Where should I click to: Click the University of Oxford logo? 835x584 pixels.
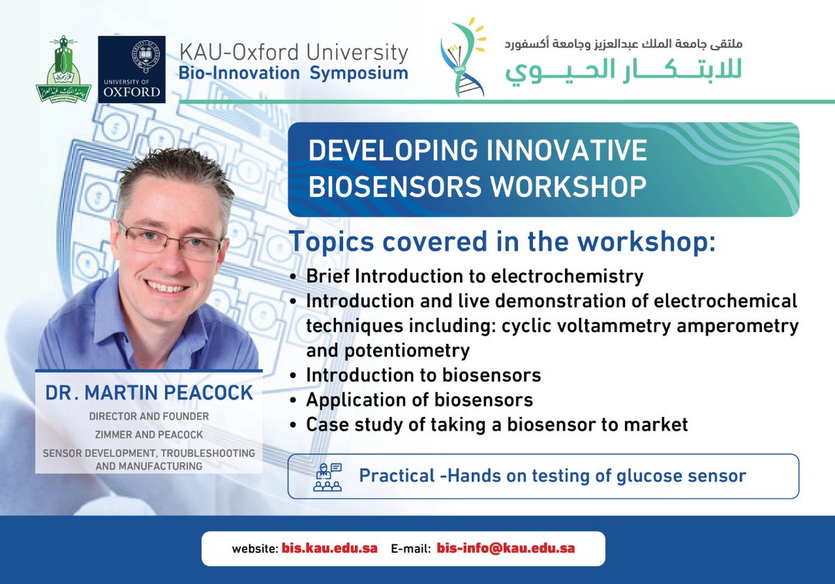pyautogui.click(x=132, y=70)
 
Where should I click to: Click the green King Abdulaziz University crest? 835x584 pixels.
pyautogui.click(x=63, y=70)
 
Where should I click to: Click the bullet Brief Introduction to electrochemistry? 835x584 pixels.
pyautogui.click(x=474, y=276)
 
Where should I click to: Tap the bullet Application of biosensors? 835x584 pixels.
pyautogui.click(x=419, y=400)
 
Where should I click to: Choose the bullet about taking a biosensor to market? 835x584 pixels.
pyautogui.click(x=496, y=424)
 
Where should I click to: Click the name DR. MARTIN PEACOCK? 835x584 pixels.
pyautogui.click(x=149, y=393)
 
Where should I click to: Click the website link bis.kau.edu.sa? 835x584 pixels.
pyautogui.click(x=329, y=549)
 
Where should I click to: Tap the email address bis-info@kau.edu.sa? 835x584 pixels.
pyautogui.click(x=506, y=549)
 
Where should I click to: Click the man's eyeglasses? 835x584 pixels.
pyautogui.click(x=170, y=239)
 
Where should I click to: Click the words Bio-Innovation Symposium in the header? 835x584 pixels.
pyautogui.click(x=292, y=73)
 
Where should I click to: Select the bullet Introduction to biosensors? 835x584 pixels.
pyautogui.click(x=423, y=376)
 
